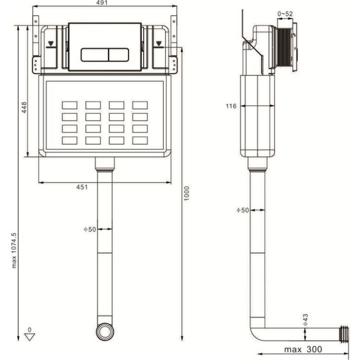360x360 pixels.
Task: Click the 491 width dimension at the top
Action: tap(102, 3)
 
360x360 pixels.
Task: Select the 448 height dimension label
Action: tap(24, 108)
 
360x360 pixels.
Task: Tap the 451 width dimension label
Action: tap(82, 187)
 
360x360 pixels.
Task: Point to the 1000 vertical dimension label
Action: tap(187, 193)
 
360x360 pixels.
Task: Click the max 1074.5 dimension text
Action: tap(14, 251)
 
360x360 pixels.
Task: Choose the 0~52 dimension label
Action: tap(285, 14)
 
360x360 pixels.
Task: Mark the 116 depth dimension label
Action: tap(231, 106)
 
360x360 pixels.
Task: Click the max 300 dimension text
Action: tap(303, 350)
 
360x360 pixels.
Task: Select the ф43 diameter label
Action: tap(305, 320)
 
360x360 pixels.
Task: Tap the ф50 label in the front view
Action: tap(90, 229)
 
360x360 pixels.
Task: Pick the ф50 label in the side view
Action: tap(243, 210)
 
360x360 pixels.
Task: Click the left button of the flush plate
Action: tap(95, 55)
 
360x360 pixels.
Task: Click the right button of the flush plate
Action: tap(118, 55)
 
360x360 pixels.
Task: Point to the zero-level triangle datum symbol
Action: tap(30, 337)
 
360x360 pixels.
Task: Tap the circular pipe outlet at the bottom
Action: tap(105, 332)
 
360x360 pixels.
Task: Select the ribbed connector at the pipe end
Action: tap(344, 334)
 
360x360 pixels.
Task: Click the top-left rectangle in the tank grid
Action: tap(70, 106)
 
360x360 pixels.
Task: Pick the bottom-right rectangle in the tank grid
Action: tap(140, 141)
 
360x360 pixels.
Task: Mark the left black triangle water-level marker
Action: tap(51, 43)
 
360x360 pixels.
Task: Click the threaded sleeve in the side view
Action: tap(284, 47)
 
